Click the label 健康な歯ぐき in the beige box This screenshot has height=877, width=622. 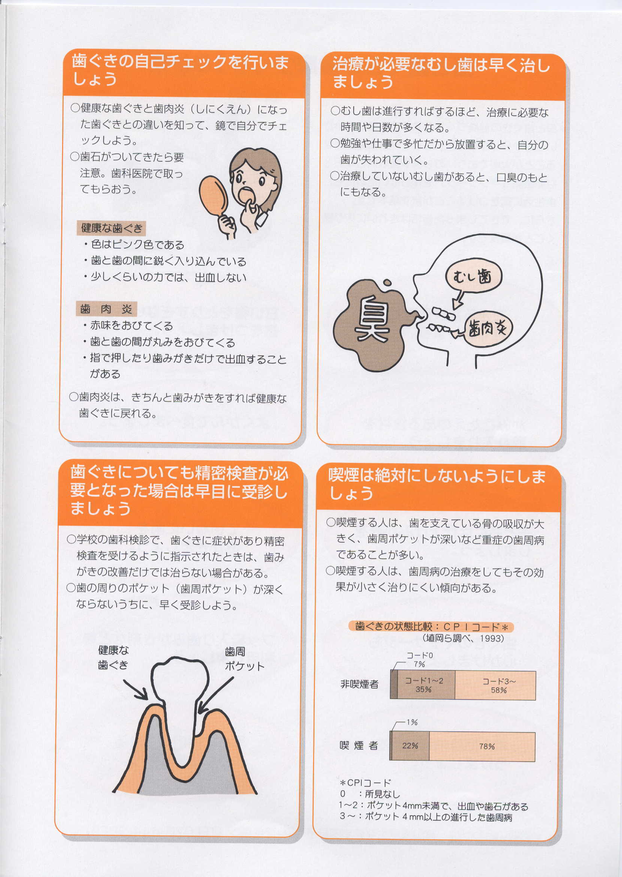tap(112, 228)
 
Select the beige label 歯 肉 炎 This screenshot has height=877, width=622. tap(106, 309)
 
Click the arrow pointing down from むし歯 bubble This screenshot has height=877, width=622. tap(458, 299)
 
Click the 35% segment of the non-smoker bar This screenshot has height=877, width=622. tap(426, 685)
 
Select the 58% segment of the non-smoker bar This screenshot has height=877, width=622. tap(495, 685)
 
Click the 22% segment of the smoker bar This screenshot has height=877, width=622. tap(410, 746)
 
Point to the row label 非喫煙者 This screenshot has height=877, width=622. tap(359, 684)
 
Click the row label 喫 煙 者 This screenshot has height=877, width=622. tap(359, 745)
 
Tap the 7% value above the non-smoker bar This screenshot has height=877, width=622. tap(419, 664)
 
